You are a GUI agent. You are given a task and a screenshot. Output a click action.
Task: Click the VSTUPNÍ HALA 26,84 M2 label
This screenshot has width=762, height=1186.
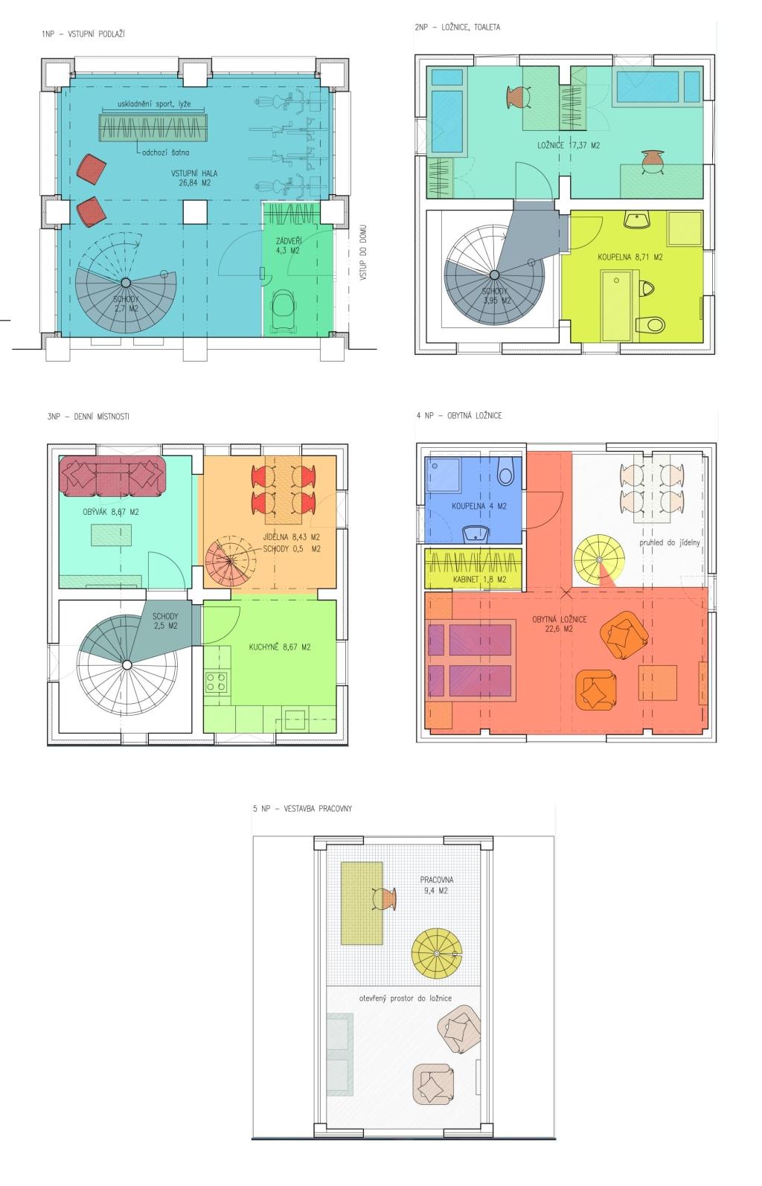point(193,178)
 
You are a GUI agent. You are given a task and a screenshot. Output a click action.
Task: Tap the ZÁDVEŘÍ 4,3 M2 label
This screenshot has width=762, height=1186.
point(288,246)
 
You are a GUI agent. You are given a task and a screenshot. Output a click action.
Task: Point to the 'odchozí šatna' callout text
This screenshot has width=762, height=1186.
point(165,153)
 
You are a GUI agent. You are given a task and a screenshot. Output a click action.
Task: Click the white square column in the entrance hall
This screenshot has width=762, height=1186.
point(194,212)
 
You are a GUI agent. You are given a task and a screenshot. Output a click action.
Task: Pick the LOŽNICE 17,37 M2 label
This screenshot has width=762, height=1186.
point(569,145)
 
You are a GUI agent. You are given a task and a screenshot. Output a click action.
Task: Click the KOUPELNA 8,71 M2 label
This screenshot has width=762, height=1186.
point(630,257)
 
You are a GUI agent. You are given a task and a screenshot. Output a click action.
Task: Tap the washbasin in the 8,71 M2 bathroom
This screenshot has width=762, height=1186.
point(637,219)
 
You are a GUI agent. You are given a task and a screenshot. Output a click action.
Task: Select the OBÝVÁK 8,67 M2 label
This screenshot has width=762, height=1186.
point(111,512)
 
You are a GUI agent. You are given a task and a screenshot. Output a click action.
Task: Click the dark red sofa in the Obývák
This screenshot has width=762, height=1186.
point(113,475)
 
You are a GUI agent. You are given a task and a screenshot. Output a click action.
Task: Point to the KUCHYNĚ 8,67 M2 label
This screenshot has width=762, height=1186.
point(280,647)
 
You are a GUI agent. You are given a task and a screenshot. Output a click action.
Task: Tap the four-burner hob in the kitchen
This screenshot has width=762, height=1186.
point(217,682)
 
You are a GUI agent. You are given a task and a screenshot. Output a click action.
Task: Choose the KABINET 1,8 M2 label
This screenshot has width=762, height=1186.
point(479,580)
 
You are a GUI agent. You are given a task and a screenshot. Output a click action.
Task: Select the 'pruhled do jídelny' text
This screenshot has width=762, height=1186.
point(669,542)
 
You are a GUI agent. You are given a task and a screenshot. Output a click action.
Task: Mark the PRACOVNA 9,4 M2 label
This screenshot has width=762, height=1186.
point(436,885)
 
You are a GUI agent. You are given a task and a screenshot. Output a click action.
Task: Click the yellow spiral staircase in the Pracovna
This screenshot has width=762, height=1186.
point(437,954)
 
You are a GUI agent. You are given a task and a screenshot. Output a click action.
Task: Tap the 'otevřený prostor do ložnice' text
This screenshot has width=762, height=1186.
point(405,999)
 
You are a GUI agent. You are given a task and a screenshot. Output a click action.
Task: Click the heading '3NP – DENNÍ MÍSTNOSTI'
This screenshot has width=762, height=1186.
point(88,417)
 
